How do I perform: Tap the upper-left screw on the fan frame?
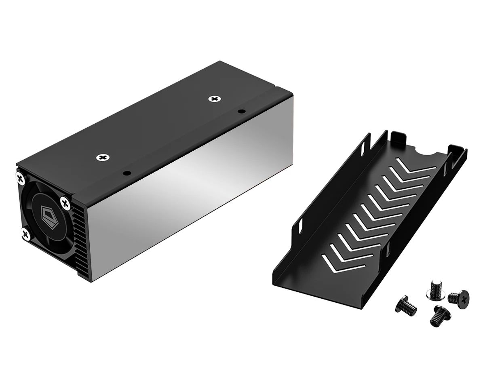coord(20,177)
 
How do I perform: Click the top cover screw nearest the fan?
coord(103,157)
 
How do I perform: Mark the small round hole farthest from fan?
coord(241,111)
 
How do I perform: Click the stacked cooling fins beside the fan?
coord(80,242)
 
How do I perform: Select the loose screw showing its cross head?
coord(459,297)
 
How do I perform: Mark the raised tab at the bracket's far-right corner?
coord(457,152)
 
